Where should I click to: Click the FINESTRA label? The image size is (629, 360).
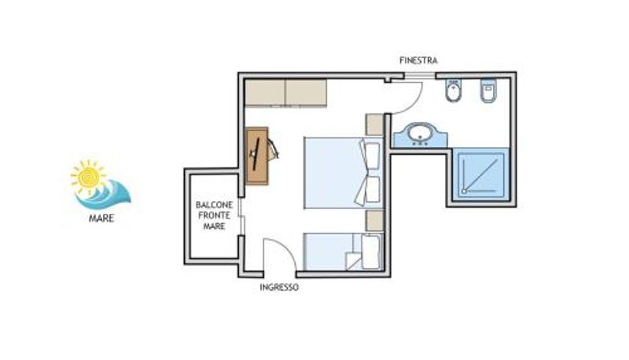418,61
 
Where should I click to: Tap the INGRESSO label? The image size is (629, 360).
279,288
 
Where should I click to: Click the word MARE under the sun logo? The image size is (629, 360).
101,219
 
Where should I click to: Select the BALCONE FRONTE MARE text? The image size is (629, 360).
214,215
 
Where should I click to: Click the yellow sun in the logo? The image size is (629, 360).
88,175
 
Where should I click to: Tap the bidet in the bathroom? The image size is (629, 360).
453,91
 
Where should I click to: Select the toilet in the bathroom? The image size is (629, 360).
488,90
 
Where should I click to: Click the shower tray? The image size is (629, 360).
481,174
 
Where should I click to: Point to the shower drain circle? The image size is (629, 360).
465,191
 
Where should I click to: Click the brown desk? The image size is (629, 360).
257,156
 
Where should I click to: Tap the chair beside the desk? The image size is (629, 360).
273,149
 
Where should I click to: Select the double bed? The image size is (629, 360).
344,173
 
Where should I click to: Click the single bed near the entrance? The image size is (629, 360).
344,252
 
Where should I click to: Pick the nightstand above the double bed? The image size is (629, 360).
375,125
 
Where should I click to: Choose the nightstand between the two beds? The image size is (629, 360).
375,221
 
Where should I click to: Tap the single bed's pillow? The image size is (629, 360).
370,252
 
